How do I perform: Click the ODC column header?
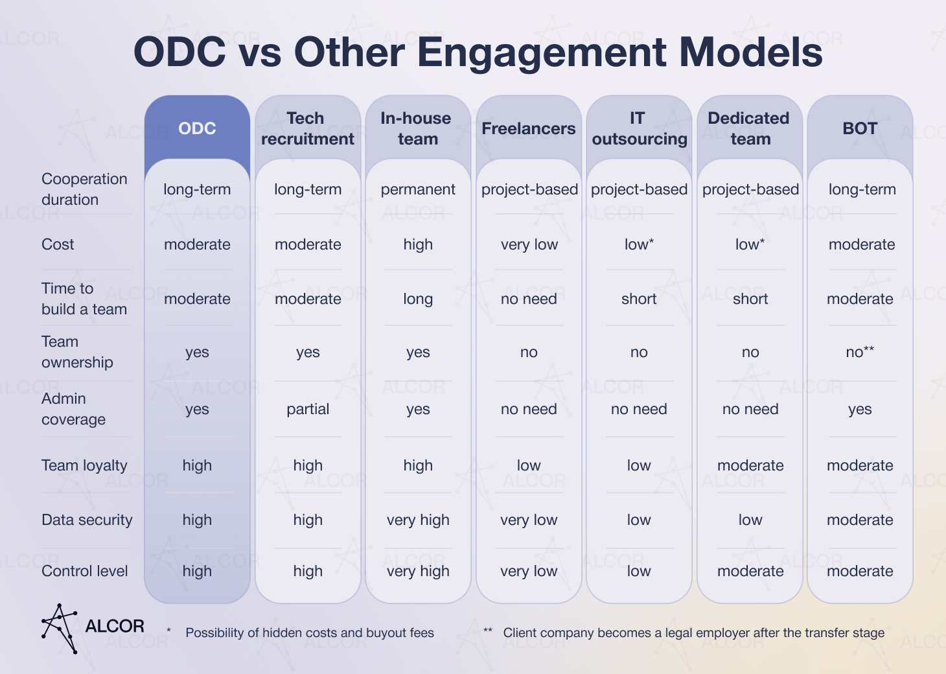point(197,128)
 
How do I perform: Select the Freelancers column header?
point(529,128)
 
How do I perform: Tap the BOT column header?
point(860,128)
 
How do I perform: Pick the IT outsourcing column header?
point(639,128)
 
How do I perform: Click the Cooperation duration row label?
point(84,189)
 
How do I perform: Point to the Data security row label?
point(87,520)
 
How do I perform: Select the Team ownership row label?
point(76,352)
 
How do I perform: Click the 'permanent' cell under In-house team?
point(418,189)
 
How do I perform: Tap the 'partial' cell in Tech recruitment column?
point(308,409)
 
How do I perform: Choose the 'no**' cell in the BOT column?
point(860,352)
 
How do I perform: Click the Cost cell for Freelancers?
point(529,244)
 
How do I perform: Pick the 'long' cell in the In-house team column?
point(418,299)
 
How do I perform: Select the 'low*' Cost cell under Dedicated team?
point(750,244)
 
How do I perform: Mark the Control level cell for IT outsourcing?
point(639,571)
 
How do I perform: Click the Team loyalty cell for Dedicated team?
point(750,465)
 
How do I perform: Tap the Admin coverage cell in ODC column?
point(197,409)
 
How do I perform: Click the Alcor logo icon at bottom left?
point(60,627)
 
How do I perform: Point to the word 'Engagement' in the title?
point(544,53)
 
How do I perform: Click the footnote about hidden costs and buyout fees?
point(309,633)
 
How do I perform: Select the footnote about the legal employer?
point(693,633)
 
